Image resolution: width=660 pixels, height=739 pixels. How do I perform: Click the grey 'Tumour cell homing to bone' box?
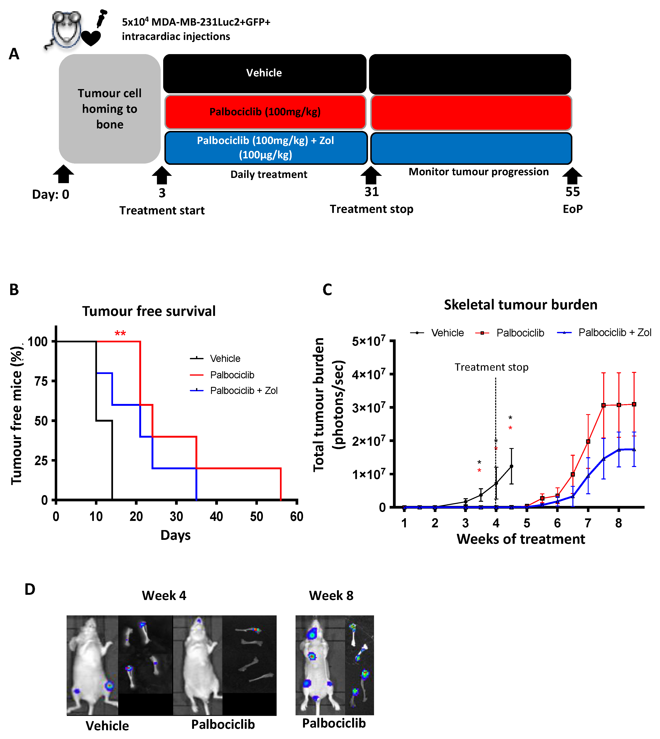pyautogui.click(x=109, y=109)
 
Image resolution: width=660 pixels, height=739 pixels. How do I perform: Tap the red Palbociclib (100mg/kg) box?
pyautogui.click(x=265, y=112)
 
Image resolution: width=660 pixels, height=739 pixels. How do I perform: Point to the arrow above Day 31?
pyautogui.click(x=371, y=175)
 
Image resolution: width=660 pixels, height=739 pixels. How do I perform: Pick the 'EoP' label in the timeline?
pyautogui.click(x=573, y=209)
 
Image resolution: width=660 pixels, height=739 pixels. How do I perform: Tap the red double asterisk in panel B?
pyautogui.click(x=120, y=333)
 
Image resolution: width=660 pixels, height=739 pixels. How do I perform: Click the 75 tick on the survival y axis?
pyautogui.click(x=41, y=381)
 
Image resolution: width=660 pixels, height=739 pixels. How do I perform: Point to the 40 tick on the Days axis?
pyautogui.click(x=216, y=516)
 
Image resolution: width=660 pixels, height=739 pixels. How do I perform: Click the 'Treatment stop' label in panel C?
pyautogui.click(x=491, y=367)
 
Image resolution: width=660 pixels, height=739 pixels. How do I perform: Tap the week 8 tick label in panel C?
pyautogui.click(x=619, y=523)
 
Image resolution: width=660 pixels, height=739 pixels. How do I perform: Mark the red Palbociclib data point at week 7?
pyautogui.click(x=588, y=442)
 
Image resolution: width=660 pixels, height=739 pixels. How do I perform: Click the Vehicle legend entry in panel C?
pyautogui.click(x=447, y=333)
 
